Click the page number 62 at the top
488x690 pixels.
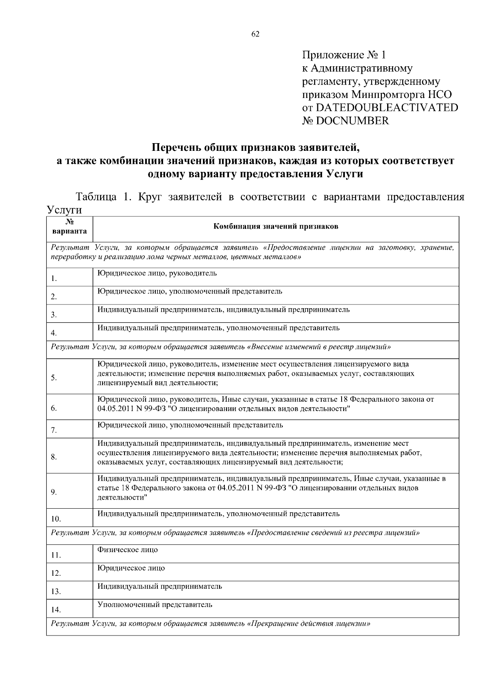[255, 34]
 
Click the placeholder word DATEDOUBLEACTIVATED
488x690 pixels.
[387, 108]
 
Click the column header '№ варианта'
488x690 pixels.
[70, 227]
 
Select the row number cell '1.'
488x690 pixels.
[54, 279]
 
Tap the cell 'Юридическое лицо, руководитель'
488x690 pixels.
[157, 273]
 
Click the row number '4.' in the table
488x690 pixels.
[54, 333]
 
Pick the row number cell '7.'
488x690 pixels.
[54, 431]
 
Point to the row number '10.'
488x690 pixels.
[56, 519]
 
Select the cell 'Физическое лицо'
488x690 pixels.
[128, 550]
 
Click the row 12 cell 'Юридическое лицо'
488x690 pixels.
[131, 568]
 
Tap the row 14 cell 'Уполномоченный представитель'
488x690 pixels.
[155, 605]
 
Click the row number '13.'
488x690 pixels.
[56, 592]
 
